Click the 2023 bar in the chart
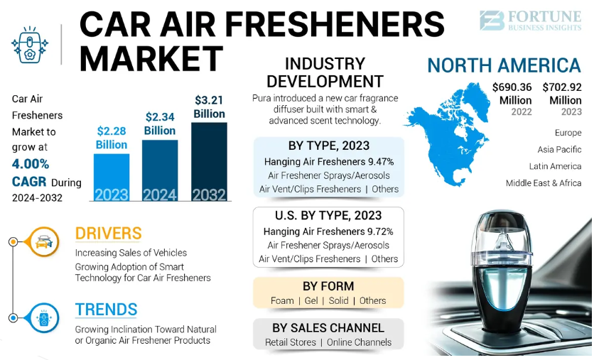(112, 178)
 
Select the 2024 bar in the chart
(160, 170)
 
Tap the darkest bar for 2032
(209, 162)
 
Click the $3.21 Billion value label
(209, 107)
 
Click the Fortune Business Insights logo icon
(491, 20)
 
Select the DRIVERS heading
(108, 233)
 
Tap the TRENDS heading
(106, 310)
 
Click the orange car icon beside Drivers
(43, 241)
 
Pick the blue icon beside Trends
(43, 317)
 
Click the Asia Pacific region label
(560, 149)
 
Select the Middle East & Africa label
(544, 182)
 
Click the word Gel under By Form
(311, 300)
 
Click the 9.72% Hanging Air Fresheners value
(380, 231)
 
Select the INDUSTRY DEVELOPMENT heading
(325, 72)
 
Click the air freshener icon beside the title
(29, 45)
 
